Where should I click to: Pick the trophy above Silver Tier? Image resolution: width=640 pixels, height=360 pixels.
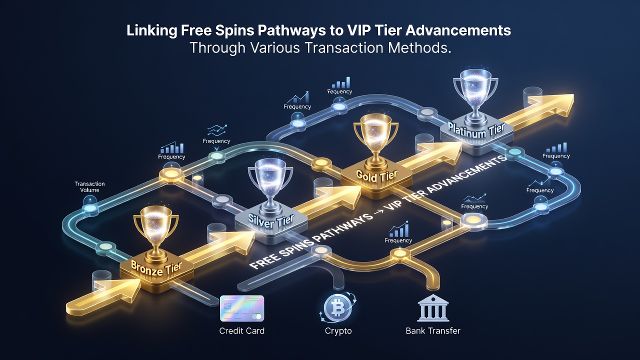pyautogui.click(x=270, y=186)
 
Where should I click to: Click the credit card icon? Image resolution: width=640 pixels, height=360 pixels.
pyautogui.click(x=242, y=308)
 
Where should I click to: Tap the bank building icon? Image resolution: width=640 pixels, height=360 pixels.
pyautogui.click(x=433, y=308)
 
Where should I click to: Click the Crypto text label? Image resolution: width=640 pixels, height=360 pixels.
pyautogui.click(x=338, y=331)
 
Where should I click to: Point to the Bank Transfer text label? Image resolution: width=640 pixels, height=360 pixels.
pyautogui.click(x=433, y=331)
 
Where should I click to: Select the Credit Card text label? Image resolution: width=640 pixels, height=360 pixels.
pyautogui.click(x=241, y=331)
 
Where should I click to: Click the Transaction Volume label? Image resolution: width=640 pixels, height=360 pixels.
pyautogui.click(x=89, y=187)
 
